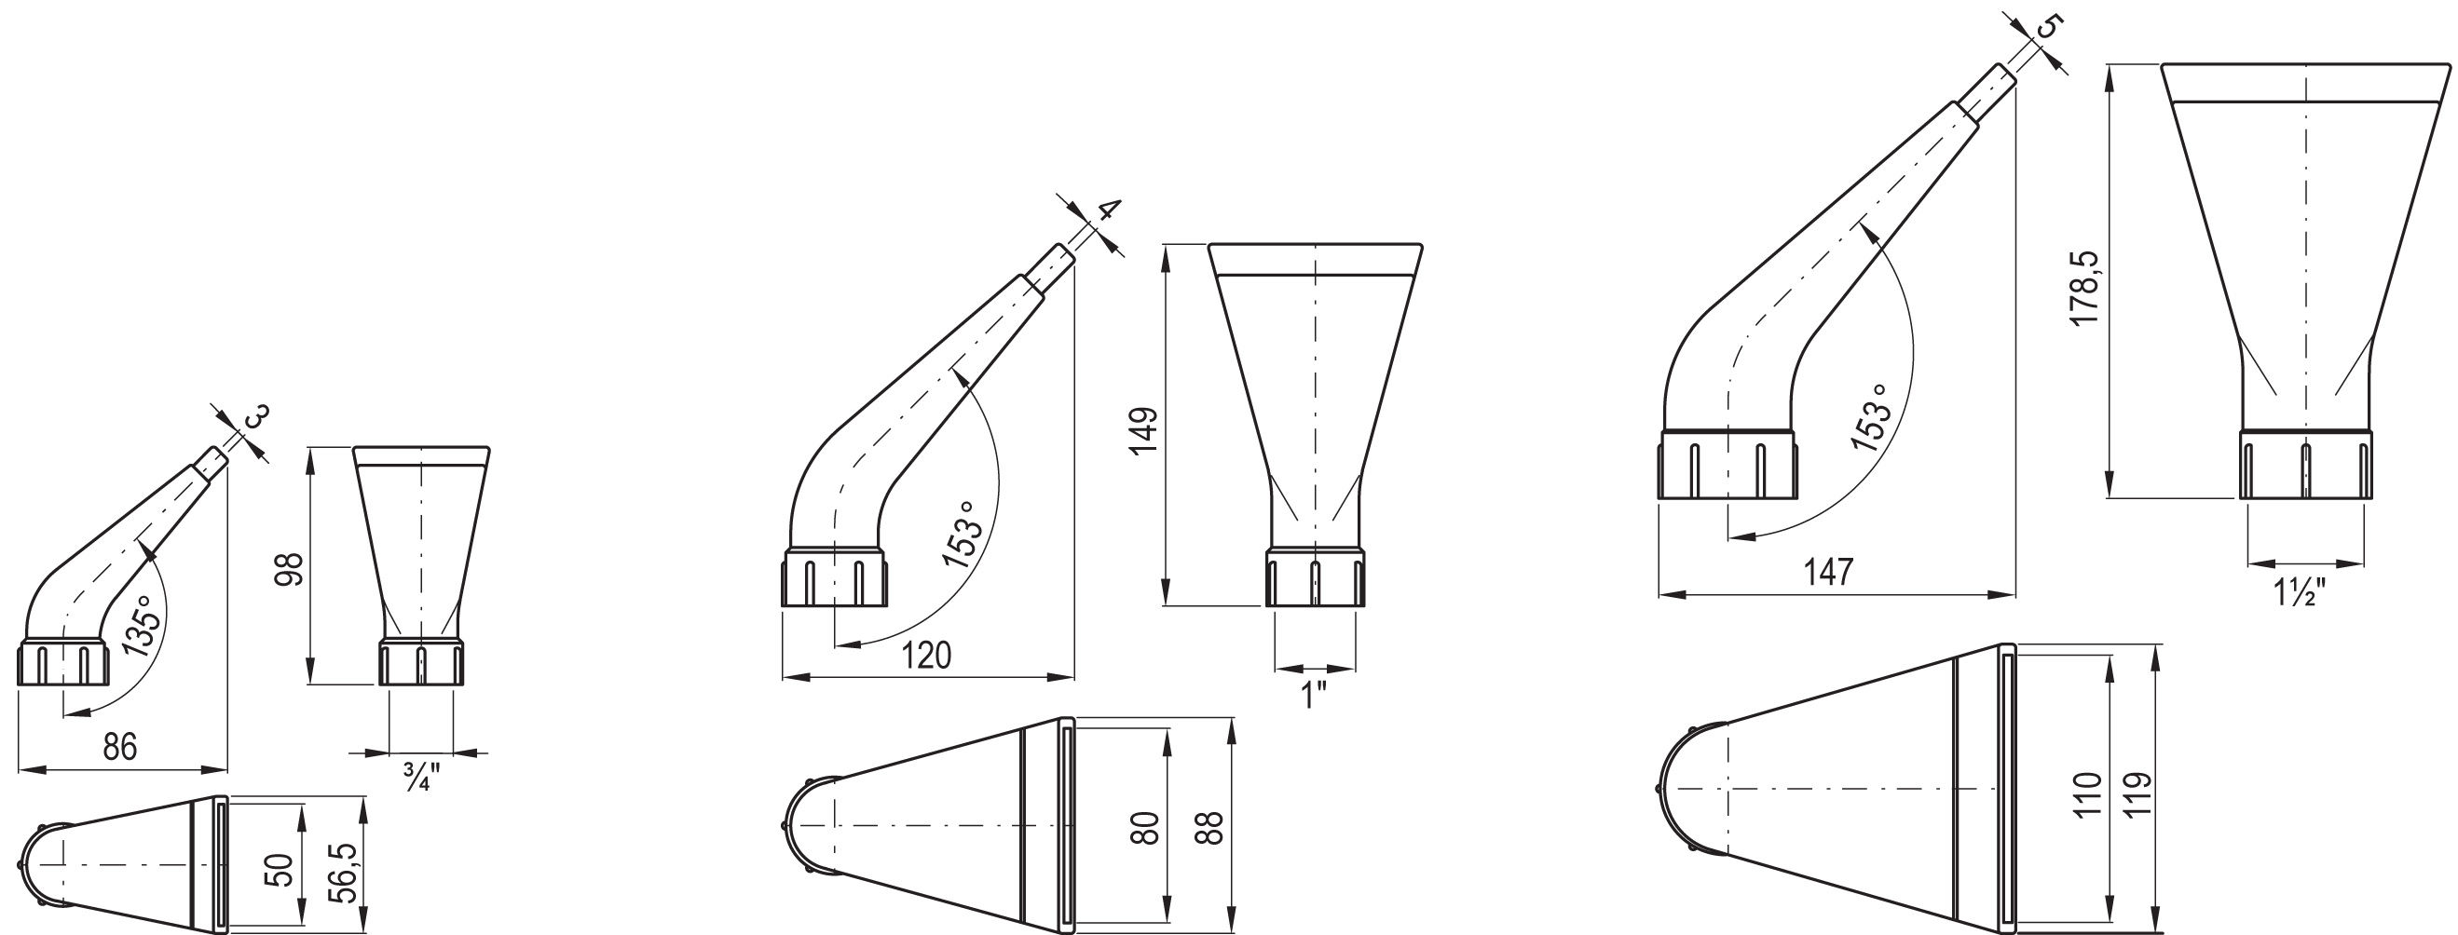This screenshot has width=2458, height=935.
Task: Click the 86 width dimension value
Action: tap(120, 746)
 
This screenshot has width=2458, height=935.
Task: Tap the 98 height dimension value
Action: tap(289, 569)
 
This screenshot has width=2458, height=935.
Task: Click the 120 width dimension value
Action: tap(925, 656)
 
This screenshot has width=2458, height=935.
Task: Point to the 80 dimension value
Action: tap(1145, 827)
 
